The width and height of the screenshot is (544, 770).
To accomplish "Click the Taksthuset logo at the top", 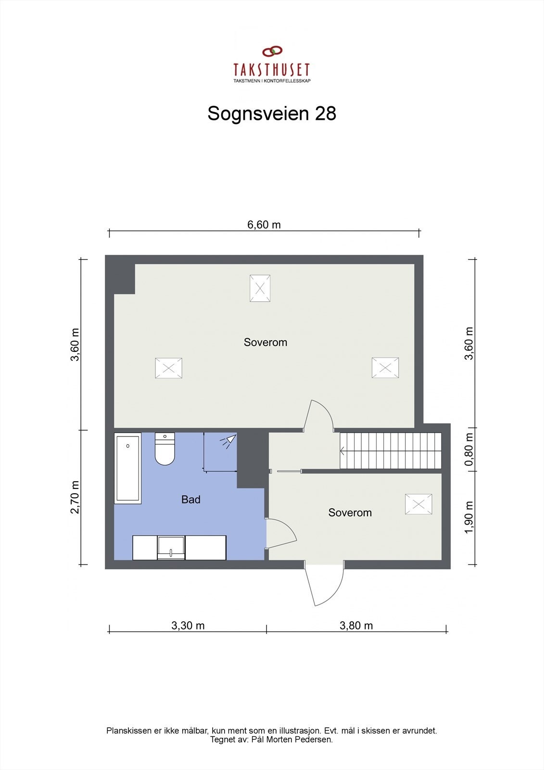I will [272, 64].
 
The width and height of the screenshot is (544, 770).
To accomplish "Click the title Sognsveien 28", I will [272, 114].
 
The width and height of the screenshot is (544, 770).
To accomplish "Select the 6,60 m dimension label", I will [264, 224].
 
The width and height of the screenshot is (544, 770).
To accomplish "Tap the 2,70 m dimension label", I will [75, 497].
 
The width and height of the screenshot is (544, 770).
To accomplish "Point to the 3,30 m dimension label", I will [188, 626].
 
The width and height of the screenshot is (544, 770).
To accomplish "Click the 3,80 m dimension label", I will [356, 626].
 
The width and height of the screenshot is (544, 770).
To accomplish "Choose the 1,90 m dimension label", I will [469, 517].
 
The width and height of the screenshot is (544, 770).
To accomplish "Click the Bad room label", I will [191, 500].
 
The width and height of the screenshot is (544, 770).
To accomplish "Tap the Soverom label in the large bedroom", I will [266, 342].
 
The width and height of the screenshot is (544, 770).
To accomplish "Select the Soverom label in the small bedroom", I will [350, 513].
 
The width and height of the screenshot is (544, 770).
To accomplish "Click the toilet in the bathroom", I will [165, 449].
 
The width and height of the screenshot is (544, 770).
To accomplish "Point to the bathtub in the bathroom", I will [128, 468].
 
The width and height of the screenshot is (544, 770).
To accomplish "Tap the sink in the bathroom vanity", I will [171, 548].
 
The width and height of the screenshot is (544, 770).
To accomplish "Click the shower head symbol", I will [229, 440].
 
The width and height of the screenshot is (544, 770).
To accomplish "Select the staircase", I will [391, 451].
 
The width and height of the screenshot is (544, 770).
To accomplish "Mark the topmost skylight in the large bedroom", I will [260, 288].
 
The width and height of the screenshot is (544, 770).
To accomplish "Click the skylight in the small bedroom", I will [418, 504].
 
